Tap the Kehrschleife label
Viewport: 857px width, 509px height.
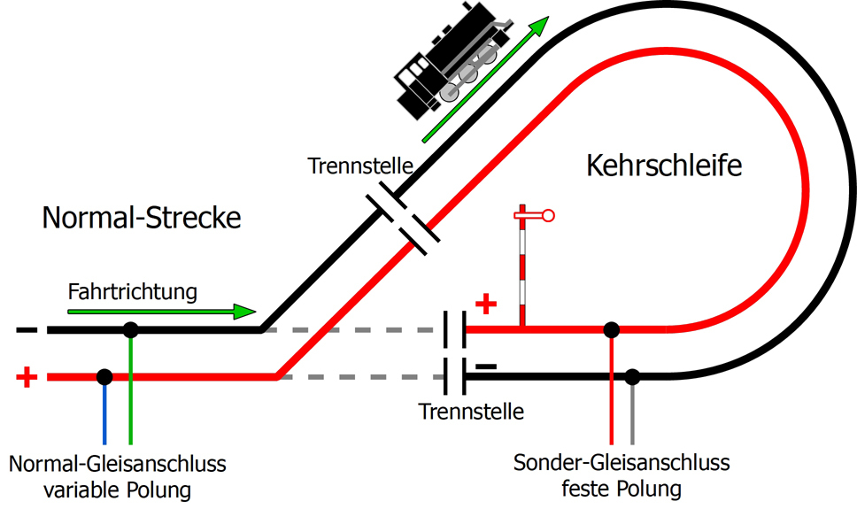(x=664, y=166)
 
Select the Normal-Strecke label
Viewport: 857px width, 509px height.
(x=142, y=217)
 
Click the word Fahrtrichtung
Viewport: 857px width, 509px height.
(x=133, y=291)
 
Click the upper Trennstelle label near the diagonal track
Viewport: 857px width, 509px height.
(x=361, y=166)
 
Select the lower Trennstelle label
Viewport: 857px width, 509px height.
(x=472, y=412)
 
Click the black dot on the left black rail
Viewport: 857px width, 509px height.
(x=130, y=330)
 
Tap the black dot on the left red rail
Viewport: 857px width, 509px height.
(x=104, y=377)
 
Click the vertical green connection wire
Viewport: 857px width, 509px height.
(x=130, y=389)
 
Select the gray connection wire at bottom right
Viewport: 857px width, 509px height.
(x=632, y=412)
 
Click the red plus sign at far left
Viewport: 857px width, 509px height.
(x=27, y=378)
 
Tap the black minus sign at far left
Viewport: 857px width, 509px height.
(x=27, y=330)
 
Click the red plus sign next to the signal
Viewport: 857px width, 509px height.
(x=486, y=305)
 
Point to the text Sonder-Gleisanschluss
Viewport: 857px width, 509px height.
(x=622, y=463)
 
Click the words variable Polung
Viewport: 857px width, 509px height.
(x=117, y=490)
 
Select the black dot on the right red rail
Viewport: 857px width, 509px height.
(x=611, y=329)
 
